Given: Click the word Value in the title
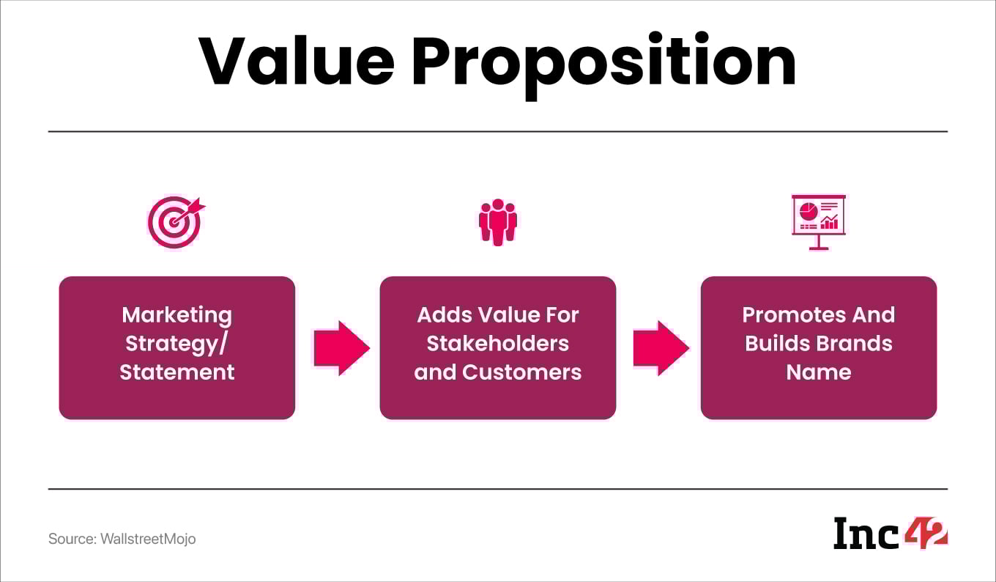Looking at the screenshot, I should click(296, 62).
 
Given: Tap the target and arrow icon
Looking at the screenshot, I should click(176, 222).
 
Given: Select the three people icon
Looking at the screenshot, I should click(498, 221).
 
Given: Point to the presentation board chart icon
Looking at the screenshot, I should click(819, 221).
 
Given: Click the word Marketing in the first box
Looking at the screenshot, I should click(177, 315).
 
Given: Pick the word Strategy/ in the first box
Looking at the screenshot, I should click(177, 343).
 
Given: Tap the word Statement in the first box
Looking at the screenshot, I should click(177, 372).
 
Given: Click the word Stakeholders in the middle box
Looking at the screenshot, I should click(498, 343).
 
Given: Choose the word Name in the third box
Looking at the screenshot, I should click(819, 372).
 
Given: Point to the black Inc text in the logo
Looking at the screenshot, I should click(866, 534).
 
